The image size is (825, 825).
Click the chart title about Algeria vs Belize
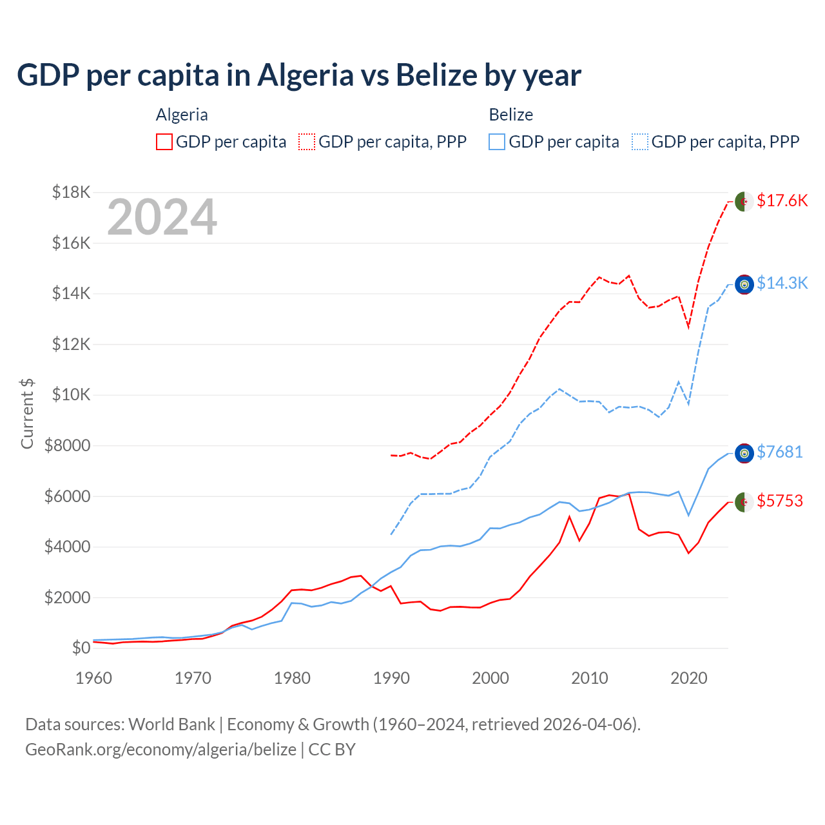tap(299, 75)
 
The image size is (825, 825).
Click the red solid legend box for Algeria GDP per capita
tap(164, 142)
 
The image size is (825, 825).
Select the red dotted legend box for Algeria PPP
tap(307, 142)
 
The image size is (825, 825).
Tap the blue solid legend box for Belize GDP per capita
tap(497, 142)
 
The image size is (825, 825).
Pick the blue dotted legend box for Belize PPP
tap(640, 142)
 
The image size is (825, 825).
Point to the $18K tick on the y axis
tap(72, 192)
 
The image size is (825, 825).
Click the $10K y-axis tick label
tap(72, 394)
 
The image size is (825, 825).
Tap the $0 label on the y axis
tap(81, 648)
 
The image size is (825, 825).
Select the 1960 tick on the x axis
tap(94, 678)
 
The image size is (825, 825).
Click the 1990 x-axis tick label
tap(392, 678)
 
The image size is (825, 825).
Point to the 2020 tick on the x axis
tap(689, 678)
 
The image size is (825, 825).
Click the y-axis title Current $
tap(27, 413)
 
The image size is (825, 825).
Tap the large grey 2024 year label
tap(162, 218)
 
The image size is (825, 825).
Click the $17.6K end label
tap(782, 201)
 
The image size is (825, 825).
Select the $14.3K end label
tap(782, 284)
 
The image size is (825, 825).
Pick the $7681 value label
tap(780, 452)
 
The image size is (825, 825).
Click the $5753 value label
tap(780, 501)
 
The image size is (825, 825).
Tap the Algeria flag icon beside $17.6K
tap(744, 202)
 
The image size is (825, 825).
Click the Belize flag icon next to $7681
tap(744, 454)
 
